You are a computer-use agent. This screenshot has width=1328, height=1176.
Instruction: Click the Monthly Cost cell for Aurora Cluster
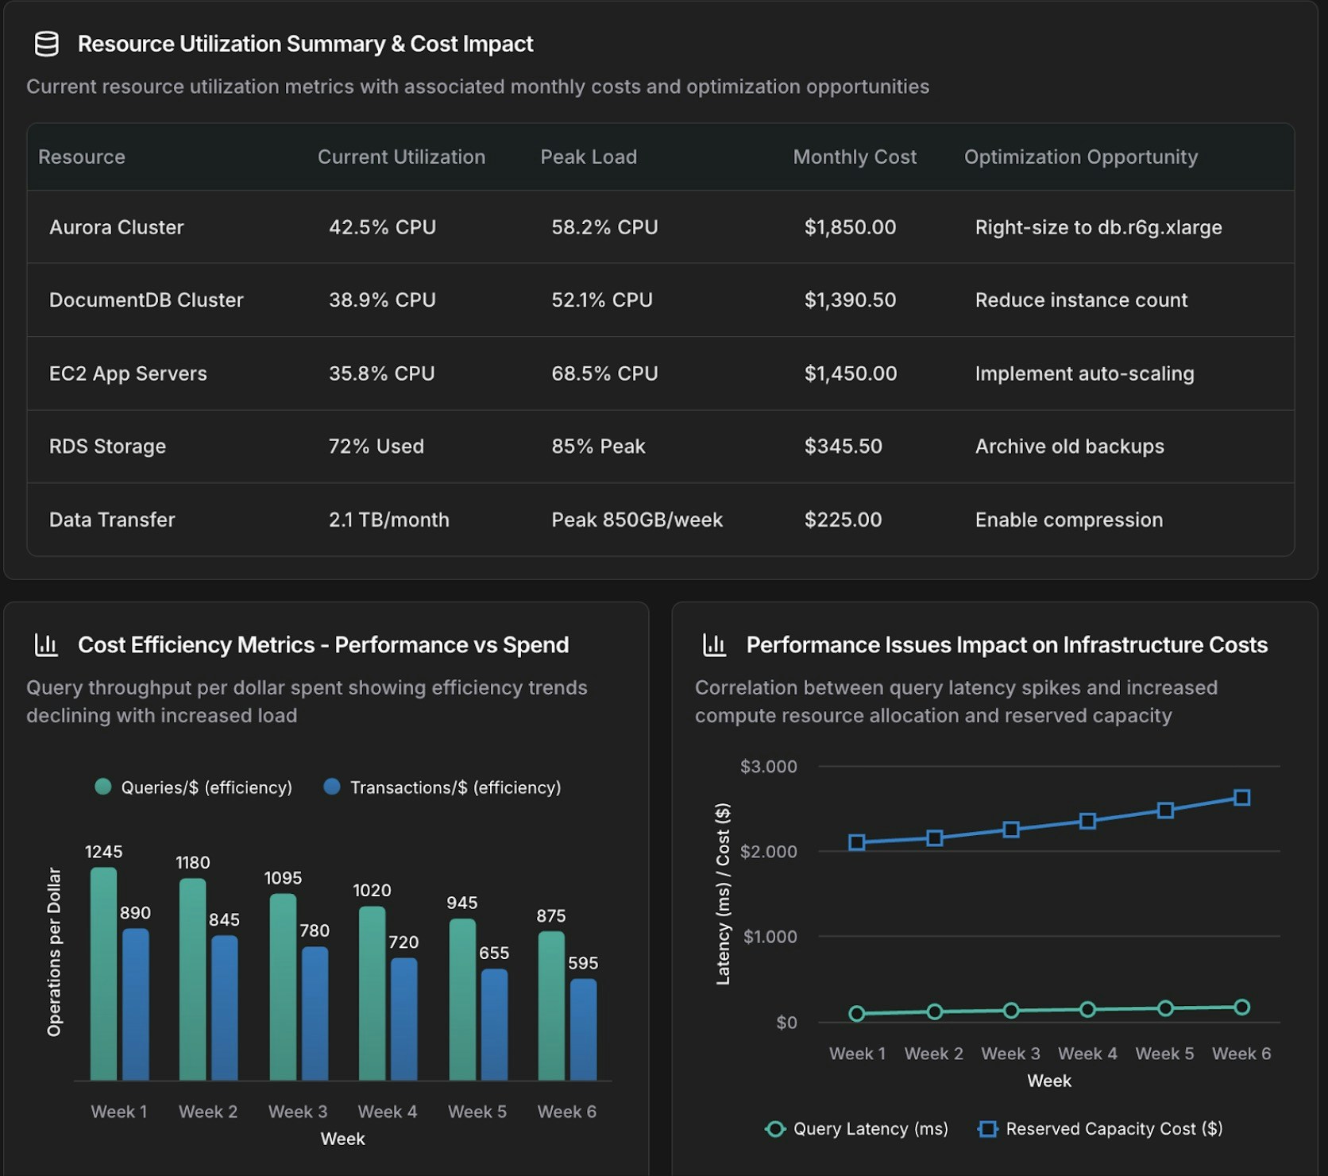(850, 227)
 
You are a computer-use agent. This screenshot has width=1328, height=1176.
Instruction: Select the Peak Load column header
(589, 157)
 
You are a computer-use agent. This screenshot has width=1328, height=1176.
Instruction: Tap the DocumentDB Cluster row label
(146, 300)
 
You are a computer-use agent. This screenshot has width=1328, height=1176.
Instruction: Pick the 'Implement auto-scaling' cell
(1084, 373)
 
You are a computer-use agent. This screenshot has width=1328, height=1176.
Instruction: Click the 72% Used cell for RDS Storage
(376, 447)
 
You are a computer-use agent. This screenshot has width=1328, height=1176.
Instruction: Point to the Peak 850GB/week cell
(637, 520)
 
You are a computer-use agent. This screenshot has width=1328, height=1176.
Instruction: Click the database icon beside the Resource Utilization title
(47, 44)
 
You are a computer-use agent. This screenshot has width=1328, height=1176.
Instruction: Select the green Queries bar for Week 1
(104, 973)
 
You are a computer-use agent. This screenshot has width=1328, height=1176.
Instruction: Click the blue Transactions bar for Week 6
(583, 1029)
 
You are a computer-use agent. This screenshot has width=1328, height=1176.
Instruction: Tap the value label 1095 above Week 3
(283, 878)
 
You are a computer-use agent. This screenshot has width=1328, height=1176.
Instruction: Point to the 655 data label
(493, 953)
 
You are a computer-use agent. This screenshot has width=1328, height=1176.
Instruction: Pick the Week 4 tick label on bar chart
(387, 1112)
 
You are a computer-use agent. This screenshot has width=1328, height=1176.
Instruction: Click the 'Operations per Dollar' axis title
(54, 952)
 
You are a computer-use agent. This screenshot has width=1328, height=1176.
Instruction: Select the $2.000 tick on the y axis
(768, 852)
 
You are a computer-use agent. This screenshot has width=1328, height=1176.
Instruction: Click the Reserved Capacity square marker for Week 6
(1241, 798)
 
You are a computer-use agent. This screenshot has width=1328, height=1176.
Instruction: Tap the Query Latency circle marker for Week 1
(857, 1013)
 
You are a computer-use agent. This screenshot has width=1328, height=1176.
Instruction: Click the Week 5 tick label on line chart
(1164, 1054)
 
